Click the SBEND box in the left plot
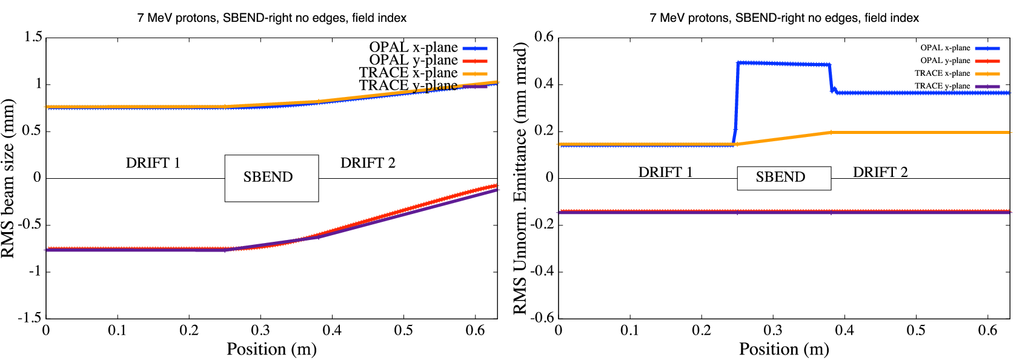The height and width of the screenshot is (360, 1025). click(271, 178)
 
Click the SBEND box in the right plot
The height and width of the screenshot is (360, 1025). click(783, 178)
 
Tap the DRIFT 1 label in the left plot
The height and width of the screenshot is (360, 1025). click(153, 163)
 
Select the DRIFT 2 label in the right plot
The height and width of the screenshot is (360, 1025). click(880, 172)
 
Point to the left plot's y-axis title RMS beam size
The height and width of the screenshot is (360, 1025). click(8, 179)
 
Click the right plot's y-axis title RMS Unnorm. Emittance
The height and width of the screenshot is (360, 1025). click(520, 179)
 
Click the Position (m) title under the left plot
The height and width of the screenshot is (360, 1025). click(271, 349)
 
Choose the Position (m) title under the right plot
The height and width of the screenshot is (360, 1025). click(784, 349)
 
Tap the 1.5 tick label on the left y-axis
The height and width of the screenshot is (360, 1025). click(33, 37)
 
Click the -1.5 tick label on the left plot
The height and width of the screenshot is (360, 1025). click(29, 318)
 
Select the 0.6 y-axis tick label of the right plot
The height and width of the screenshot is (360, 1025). click(543, 37)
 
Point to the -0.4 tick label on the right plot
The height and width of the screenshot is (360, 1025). click(542, 271)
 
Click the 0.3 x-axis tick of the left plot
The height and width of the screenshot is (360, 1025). click(260, 330)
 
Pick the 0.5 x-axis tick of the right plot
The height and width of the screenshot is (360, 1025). click(916, 330)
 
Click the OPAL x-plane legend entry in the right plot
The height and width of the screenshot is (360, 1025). click(945, 48)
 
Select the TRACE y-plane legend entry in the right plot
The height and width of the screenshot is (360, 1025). click(942, 86)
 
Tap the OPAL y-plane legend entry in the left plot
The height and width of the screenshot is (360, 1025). click(414, 60)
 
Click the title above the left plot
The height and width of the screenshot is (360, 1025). click(271, 18)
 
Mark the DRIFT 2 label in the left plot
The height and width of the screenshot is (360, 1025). click(368, 163)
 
